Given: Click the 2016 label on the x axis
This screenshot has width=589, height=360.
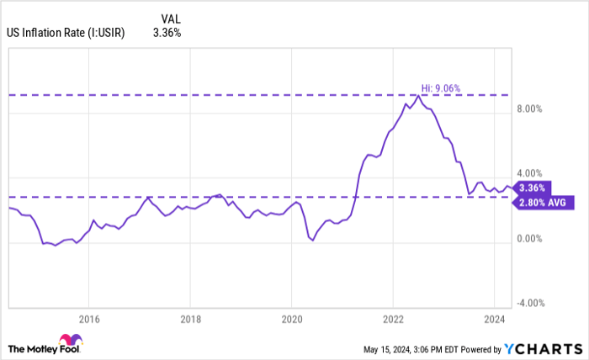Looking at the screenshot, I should tap(89, 318).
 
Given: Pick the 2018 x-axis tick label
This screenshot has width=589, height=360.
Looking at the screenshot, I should tap(190, 318).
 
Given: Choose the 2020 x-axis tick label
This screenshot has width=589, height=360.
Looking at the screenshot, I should tap(291, 318).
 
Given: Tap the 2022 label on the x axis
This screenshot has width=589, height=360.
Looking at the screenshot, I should tap(392, 318).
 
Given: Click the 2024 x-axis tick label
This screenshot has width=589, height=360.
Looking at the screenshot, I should tap(493, 318).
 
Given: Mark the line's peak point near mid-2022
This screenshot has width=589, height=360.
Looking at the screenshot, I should tap(418, 96).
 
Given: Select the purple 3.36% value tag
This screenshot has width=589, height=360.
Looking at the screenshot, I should tap(533, 188).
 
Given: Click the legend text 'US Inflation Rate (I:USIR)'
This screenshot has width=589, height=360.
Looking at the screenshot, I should tap(66, 34).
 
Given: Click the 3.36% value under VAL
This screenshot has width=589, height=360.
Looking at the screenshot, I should tap(168, 34).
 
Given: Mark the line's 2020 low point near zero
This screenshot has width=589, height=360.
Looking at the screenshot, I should tap(312, 241).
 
